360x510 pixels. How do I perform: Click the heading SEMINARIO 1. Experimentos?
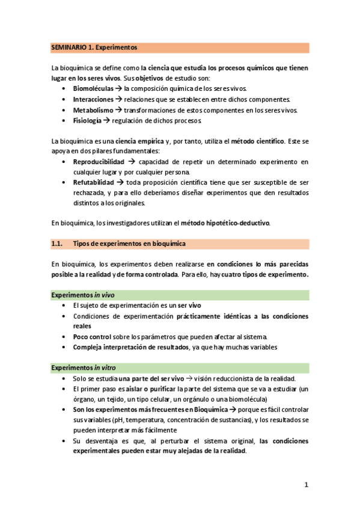coord(94,47)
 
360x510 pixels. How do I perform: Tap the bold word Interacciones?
coord(93,99)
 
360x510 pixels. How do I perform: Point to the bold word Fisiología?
coord(87,121)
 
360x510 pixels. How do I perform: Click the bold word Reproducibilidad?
coord(99,162)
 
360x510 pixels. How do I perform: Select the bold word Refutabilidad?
coord(95,182)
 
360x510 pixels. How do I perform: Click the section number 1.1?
coord(57,244)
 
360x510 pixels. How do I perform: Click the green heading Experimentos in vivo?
coord(83,295)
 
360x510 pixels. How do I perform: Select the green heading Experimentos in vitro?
coord(84,367)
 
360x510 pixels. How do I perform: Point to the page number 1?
coord(306,485)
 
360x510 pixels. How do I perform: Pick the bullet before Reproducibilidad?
coord(65,162)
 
